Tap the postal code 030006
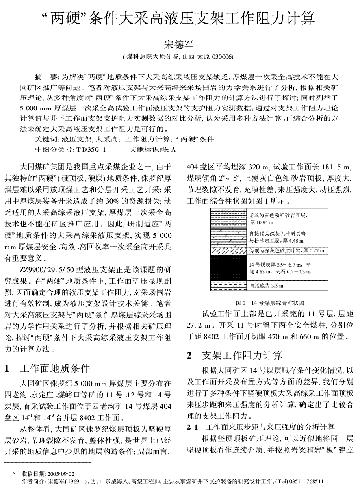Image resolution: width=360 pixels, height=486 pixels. pos(223,57)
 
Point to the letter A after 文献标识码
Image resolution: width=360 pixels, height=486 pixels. pos(173,149)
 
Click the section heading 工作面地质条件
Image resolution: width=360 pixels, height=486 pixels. pos(55,369)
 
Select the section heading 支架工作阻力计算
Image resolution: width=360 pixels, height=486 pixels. pos(241,355)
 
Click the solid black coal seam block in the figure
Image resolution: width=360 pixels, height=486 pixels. pos(228,267)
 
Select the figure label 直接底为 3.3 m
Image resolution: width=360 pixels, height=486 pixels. pos(266,286)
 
